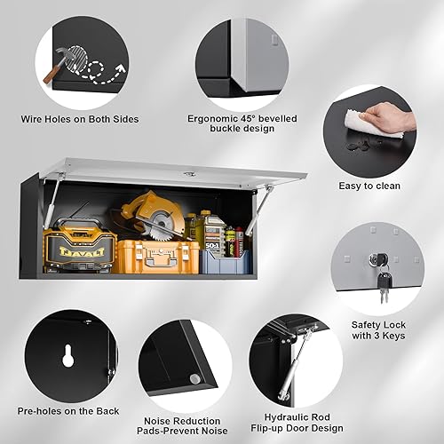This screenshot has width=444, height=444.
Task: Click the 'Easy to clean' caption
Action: (369, 186)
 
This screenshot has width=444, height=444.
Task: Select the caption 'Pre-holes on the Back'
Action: (67, 410)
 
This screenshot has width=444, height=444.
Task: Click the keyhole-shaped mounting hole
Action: (68, 355)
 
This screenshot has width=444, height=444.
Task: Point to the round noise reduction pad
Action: (194, 379)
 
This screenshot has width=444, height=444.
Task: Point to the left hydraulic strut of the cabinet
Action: (52, 199)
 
